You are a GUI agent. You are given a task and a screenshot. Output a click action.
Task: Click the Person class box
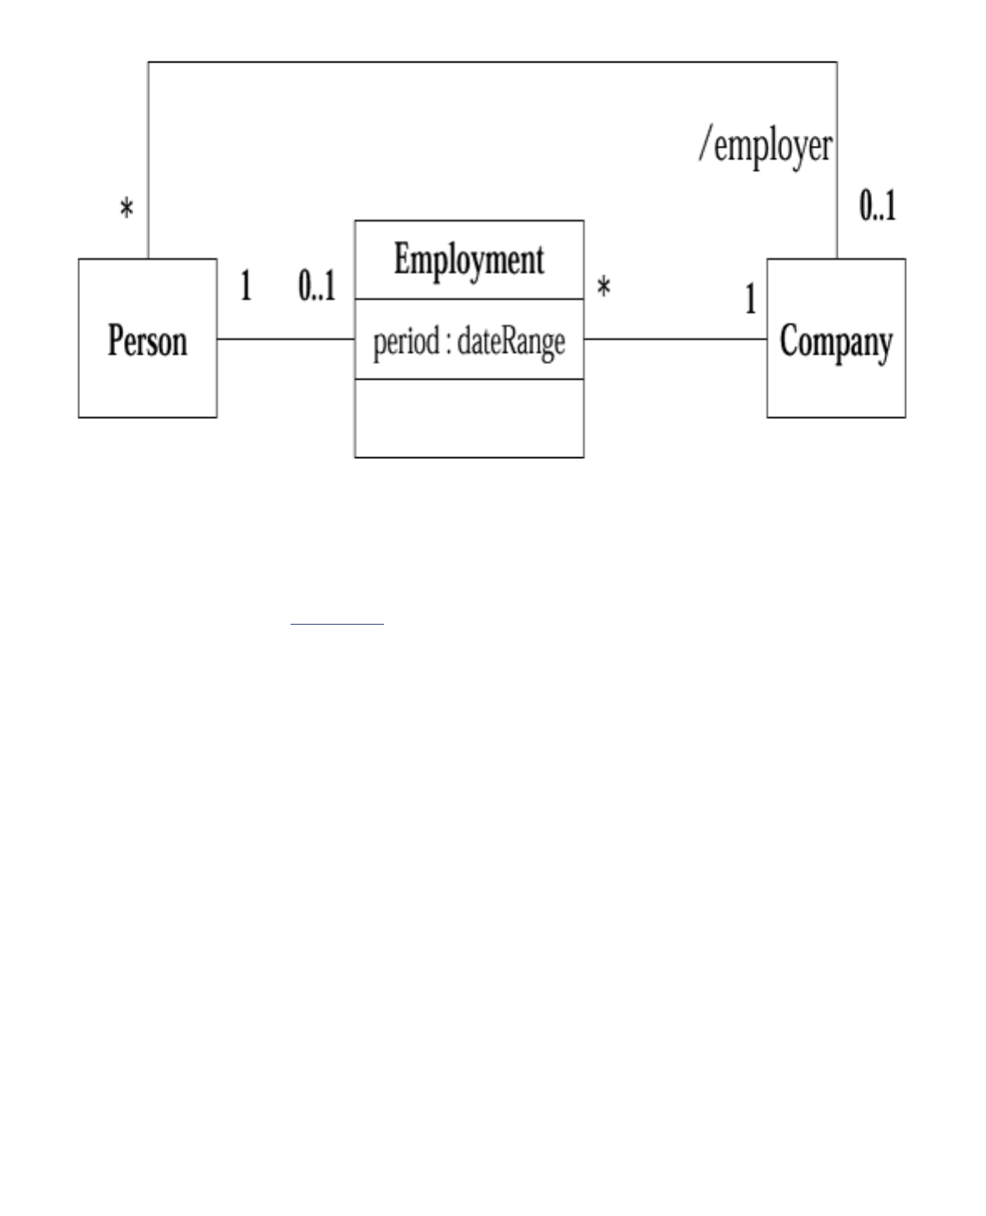[147, 383]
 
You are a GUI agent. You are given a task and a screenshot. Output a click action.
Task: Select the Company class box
[835, 387]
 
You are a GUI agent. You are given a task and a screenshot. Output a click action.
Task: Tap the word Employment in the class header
[469, 259]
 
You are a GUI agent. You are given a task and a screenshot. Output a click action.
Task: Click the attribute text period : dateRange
[469, 341]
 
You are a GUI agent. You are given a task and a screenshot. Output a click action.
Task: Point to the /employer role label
[765, 147]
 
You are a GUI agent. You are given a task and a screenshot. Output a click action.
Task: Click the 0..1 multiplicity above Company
[878, 206]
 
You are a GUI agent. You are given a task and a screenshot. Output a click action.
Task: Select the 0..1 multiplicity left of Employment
[316, 287]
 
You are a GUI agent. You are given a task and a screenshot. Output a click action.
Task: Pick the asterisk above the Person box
[126, 209]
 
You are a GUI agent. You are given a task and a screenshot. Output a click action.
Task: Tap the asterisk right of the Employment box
[604, 289]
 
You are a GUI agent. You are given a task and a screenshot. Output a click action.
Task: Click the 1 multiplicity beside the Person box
[246, 287]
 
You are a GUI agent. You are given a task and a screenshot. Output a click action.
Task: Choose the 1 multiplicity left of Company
[750, 300]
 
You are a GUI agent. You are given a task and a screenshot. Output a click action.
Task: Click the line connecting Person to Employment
[286, 339]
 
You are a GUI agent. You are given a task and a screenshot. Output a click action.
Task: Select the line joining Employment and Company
[675, 339]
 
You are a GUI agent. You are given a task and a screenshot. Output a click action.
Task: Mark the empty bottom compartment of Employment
[469, 418]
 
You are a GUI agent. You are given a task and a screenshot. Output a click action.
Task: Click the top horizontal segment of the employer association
[491, 62]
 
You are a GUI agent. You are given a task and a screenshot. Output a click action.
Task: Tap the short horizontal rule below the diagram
[337, 623]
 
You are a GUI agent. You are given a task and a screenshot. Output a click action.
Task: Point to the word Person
[147, 341]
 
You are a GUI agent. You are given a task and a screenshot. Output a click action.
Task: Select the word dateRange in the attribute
[510, 341]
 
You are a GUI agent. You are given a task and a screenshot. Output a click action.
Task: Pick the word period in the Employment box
[406, 341]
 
